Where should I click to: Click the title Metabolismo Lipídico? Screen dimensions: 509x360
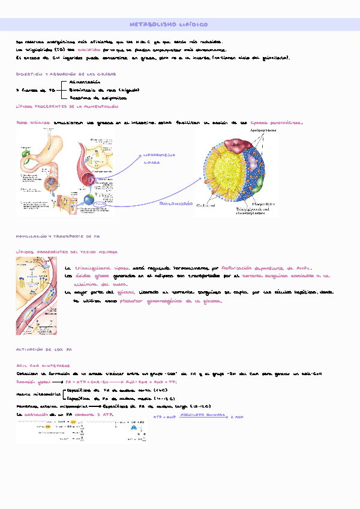click(x=169, y=25)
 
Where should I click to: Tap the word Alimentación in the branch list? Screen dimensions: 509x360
click(x=85, y=81)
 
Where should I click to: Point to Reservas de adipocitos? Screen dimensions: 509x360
click(x=94, y=97)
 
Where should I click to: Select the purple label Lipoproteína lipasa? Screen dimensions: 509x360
click(x=159, y=158)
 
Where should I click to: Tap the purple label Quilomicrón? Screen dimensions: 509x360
click(x=176, y=204)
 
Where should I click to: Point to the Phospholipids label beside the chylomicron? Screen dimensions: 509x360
click(x=265, y=203)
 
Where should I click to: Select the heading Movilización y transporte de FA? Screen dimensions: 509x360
click(x=53, y=237)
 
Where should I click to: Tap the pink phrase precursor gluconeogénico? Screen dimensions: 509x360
click(x=148, y=301)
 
